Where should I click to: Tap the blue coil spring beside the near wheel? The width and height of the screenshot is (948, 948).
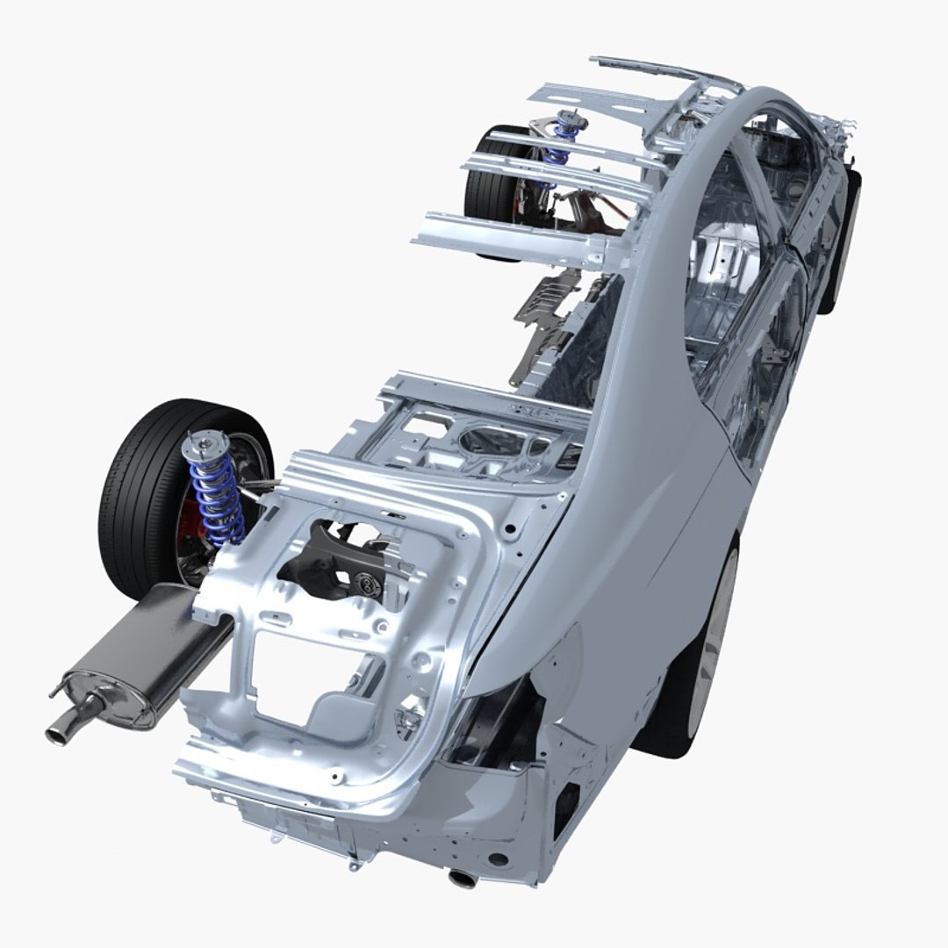tap(215, 500)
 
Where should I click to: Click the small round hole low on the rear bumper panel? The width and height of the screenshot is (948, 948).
tap(498, 859)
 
